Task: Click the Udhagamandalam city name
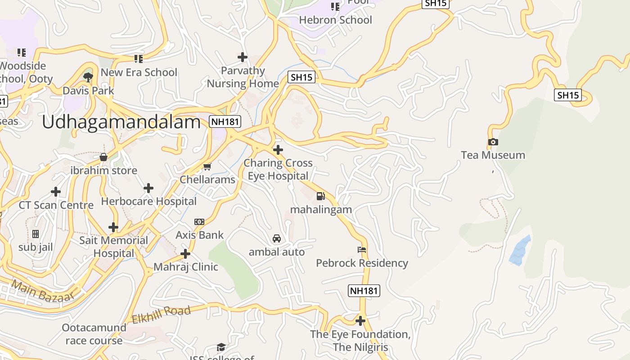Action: tap(121, 122)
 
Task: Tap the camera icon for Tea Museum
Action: tap(493, 142)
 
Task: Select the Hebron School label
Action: tap(335, 20)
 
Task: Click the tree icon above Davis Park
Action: tap(88, 77)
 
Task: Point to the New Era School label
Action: tap(139, 72)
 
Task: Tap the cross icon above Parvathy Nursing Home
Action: tap(243, 57)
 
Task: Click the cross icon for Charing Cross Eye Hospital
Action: tap(278, 150)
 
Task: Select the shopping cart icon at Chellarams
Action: tap(207, 167)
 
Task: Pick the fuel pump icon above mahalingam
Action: tap(321, 196)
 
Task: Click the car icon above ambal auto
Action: tap(277, 238)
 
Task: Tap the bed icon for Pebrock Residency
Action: tap(362, 250)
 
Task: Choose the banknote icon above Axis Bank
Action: tap(199, 222)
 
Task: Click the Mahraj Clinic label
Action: tap(186, 267)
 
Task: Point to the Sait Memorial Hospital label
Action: tap(113, 247)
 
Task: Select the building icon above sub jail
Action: tap(36, 234)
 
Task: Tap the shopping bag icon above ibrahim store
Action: tap(103, 157)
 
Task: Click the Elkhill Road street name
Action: tap(161, 314)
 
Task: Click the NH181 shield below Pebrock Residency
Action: tap(364, 291)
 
